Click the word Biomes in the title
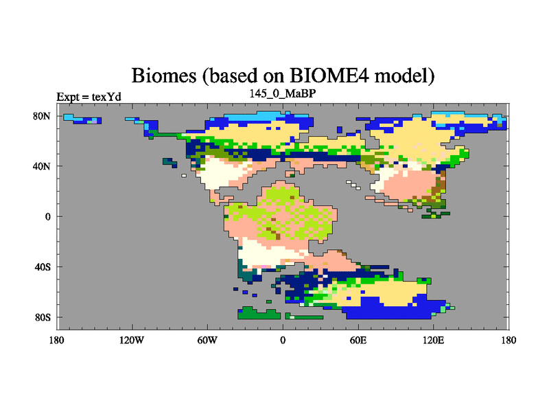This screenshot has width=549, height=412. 163,76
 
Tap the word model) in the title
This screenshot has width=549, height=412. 404,76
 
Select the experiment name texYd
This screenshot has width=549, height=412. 106,97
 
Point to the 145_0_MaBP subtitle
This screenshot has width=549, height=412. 283,93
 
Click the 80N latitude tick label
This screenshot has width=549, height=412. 42,116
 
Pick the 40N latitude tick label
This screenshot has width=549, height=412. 42,166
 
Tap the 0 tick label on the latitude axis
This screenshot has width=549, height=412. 47,216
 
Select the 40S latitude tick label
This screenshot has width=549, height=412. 43,267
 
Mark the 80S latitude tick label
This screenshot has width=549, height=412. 43,317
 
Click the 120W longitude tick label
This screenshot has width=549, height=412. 132,340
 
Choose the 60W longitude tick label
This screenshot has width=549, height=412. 207,340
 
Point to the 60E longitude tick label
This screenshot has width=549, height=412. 358,340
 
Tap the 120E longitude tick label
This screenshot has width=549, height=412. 434,340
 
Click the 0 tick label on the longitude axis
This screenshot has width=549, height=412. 283,340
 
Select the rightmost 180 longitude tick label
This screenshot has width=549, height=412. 509,340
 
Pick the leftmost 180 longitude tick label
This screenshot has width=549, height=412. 57,340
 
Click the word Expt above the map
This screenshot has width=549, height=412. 68,97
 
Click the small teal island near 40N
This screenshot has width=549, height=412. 170,163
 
